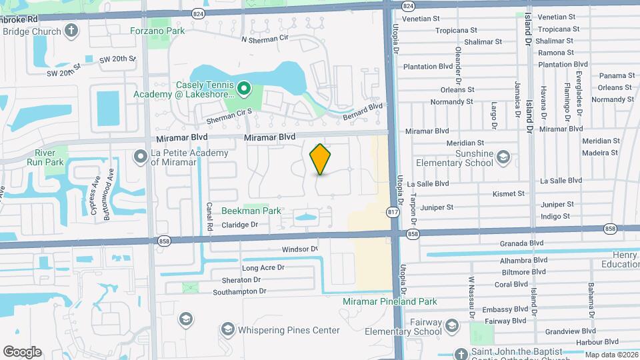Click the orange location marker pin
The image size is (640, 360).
click(x=321, y=159)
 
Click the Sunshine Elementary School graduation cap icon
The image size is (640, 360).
click(x=503, y=158)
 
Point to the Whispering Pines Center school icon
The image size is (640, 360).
click(x=227, y=330)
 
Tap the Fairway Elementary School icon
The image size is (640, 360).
click(x=452, y=326)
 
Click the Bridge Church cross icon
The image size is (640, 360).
click(x=71, y=31)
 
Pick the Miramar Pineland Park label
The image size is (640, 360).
click(x=390, y=301)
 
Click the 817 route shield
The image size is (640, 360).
click(x=392, y=211)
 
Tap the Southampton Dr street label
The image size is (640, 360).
click(x=239, y=291)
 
